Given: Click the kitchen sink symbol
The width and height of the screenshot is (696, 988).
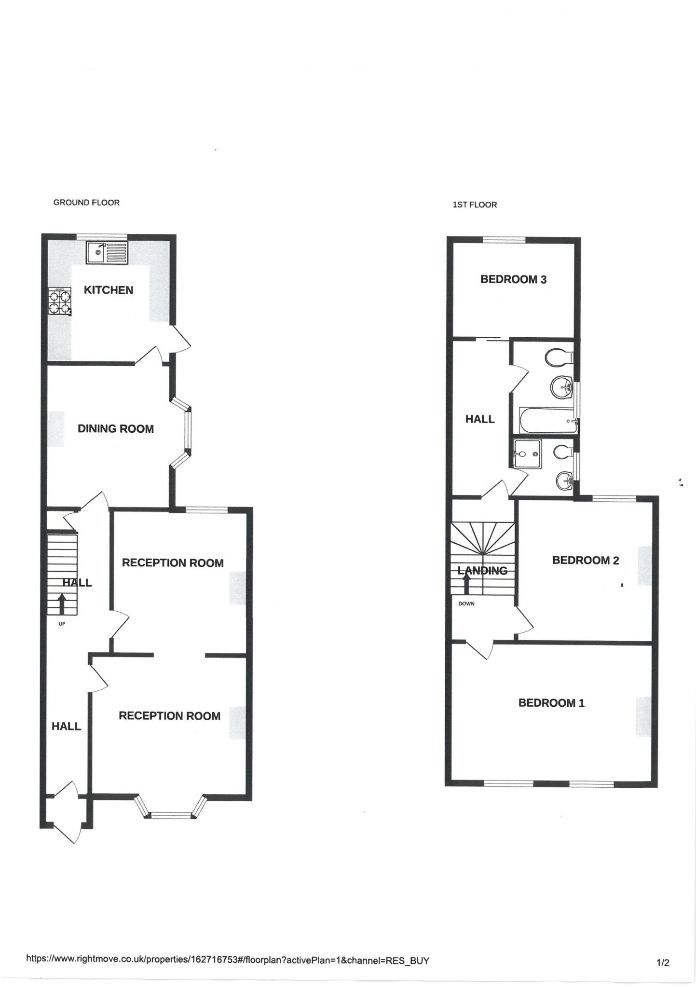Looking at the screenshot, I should click(x=107, y=253).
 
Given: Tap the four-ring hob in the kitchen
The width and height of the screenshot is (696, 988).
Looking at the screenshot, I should click(x=60, y=302).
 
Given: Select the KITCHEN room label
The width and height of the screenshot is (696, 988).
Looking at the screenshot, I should click(x=109, y=290).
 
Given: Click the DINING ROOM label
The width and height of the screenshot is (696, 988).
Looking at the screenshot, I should click(x=116, y=428).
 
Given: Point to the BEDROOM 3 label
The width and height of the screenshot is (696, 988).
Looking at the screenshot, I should click(x=513, y=279).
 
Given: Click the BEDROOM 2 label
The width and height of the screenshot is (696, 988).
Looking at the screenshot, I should click(x=585, y=560).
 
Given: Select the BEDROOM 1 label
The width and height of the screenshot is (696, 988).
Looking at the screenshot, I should click(x=551, y=703).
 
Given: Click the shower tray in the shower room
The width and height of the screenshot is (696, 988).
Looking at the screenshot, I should click(x=528, y=453).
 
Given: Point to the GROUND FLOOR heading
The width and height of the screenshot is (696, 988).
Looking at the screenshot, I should click(x=86, y=203).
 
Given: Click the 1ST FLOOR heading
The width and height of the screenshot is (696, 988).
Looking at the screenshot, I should click(x=475, y=205).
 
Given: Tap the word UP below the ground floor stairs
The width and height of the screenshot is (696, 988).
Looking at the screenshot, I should click(x=62, y=624).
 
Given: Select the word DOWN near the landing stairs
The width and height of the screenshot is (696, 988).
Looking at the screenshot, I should click(x=466, y=604).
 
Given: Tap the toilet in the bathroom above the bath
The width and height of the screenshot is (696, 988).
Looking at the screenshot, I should click(x=557, y=357).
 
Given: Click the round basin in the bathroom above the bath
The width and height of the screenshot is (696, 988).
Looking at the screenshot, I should click(x=561, y=386).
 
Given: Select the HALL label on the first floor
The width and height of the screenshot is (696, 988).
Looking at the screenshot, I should click(x=480, y=419).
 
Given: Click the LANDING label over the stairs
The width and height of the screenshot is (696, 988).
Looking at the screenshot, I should click(x=482, y=571).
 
